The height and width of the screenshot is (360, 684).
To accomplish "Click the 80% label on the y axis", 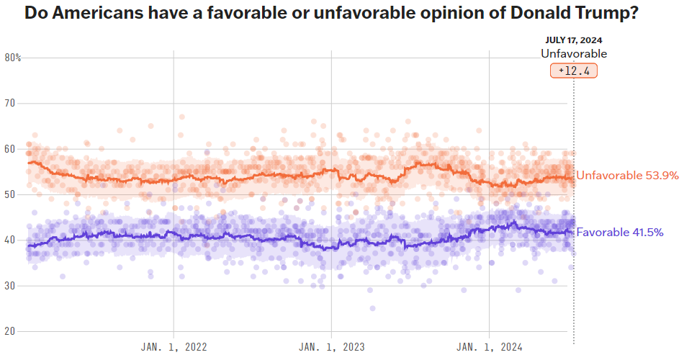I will point(13,58).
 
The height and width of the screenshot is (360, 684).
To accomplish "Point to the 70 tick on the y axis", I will point(11,103).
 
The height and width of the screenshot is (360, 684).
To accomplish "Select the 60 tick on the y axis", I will point(11,149).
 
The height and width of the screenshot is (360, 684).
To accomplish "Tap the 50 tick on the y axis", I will point(11,194).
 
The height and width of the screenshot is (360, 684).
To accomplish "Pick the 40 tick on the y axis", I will point(11,240).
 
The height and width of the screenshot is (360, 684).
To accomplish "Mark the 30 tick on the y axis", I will point(11,286).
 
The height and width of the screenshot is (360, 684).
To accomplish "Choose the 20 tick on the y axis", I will point(11,331).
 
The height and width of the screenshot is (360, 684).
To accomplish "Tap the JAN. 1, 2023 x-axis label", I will point(330,347).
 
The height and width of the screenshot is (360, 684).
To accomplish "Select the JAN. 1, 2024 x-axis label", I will point(489,347).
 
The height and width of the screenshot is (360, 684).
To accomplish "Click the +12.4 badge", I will point(574,71).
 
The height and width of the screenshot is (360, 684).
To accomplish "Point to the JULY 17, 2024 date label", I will point(574,40).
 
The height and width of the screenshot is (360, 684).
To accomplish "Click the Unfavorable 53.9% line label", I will point(626,176).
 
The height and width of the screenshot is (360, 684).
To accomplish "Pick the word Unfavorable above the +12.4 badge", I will point(574,54).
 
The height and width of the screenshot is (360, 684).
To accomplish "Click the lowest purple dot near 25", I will point(372,308).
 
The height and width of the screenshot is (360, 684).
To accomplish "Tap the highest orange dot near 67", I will point(182,117).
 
